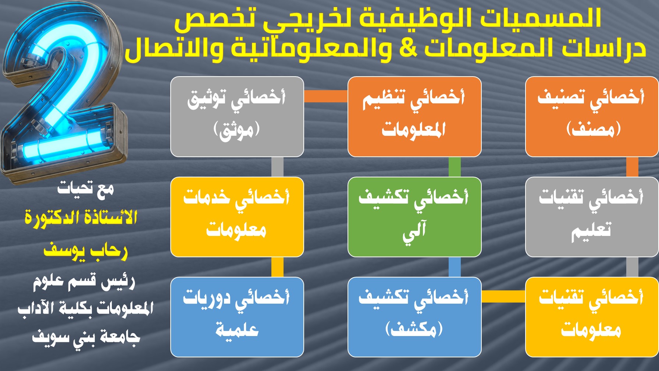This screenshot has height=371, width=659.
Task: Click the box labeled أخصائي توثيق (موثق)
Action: click(x=237, y=117)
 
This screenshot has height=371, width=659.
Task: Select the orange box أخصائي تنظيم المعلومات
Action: click(x=414, y=117)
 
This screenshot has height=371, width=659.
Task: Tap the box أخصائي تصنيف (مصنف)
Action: click(x=592, y=117)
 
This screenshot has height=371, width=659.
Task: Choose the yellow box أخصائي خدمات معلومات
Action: click(x=237, y=217)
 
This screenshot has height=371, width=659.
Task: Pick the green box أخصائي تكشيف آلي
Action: click(x=414, y=217)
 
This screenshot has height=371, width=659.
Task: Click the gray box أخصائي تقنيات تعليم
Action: click(x=592, y=217)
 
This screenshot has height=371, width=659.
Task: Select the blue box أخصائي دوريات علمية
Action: click(x=237, y=317)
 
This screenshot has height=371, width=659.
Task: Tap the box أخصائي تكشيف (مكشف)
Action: click(x=414, y=317)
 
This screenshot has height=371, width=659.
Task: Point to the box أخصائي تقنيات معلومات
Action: click(x=592, y=317)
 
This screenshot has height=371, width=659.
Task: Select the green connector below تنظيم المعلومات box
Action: click(x=455, y=167)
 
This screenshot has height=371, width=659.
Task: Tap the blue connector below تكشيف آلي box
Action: click(x=455, y=267)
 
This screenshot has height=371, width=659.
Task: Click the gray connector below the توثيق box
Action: click(x=277, y=167)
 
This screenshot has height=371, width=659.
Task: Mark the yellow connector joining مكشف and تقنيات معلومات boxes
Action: click(x=503, y=296)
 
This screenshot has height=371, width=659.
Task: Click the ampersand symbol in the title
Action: click(x=408, y=48)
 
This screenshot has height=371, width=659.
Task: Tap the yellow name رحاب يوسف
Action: click(x=86, y=251)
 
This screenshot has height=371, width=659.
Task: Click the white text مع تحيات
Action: click(x=86, y=189)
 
